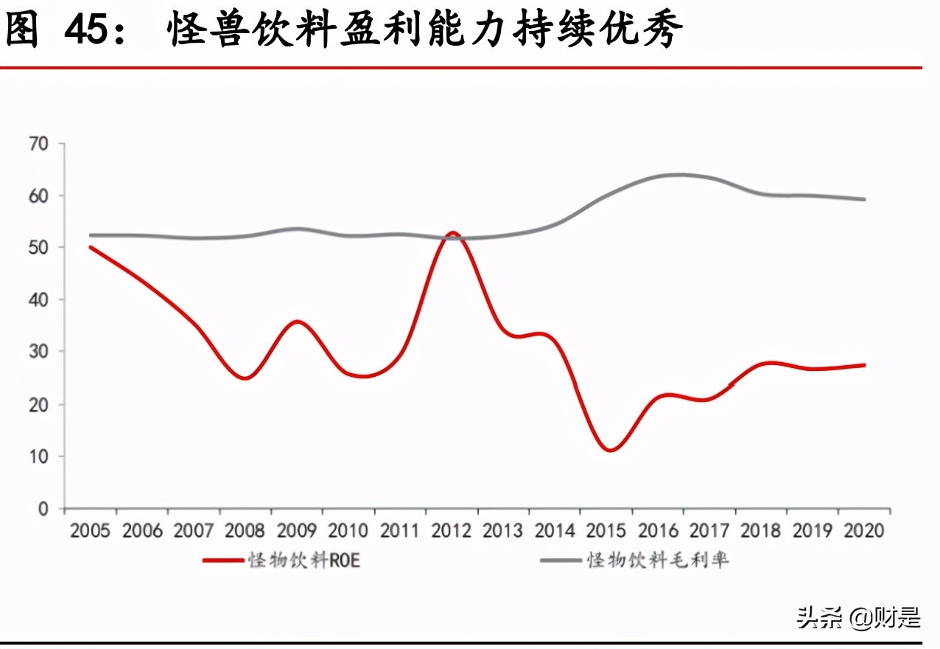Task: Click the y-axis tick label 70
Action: [x=38, y=144]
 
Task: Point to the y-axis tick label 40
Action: [x=38, y=300]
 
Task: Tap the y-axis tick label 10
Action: [x=38, y=457]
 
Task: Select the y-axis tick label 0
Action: [x=43, y=509]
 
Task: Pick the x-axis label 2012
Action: [x=452, y=531]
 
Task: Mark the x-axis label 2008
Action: [x=245, y=531]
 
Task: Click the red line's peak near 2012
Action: [x=452, y=233]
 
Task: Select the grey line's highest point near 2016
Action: [x=679, y=175]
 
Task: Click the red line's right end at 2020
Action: [x=864, y=365]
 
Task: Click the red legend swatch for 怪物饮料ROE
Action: [x=223, y=560]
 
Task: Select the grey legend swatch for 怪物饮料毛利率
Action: [x=561, y=560]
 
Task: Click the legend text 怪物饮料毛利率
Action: [x=658, y=560]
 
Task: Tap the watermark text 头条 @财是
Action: [x=858, y=617]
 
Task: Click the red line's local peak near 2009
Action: [x=295, y=322]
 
